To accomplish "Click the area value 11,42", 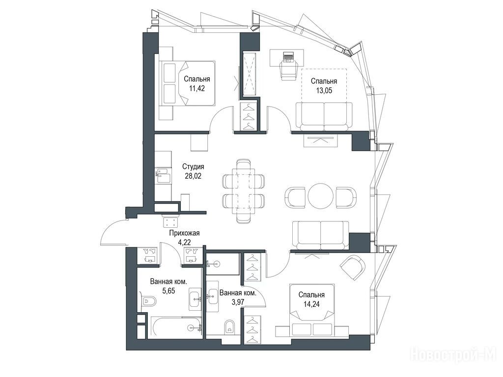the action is point(196,88).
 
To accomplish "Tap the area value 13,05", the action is point(324,90).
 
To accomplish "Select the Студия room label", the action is point(193,167).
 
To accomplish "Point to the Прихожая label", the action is point(185,233).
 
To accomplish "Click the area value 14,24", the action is point(311,303).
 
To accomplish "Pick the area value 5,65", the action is point(169,291).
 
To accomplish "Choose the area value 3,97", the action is point(238,302).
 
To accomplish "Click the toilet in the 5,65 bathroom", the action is point(148,301).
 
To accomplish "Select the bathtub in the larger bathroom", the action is point(177,327).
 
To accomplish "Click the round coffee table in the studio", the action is point(321,196).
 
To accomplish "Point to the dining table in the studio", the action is point(243,191).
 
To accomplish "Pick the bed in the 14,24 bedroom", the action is point(312,310).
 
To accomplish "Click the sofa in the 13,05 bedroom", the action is point(324,116).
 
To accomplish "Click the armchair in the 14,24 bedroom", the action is point(353,267).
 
